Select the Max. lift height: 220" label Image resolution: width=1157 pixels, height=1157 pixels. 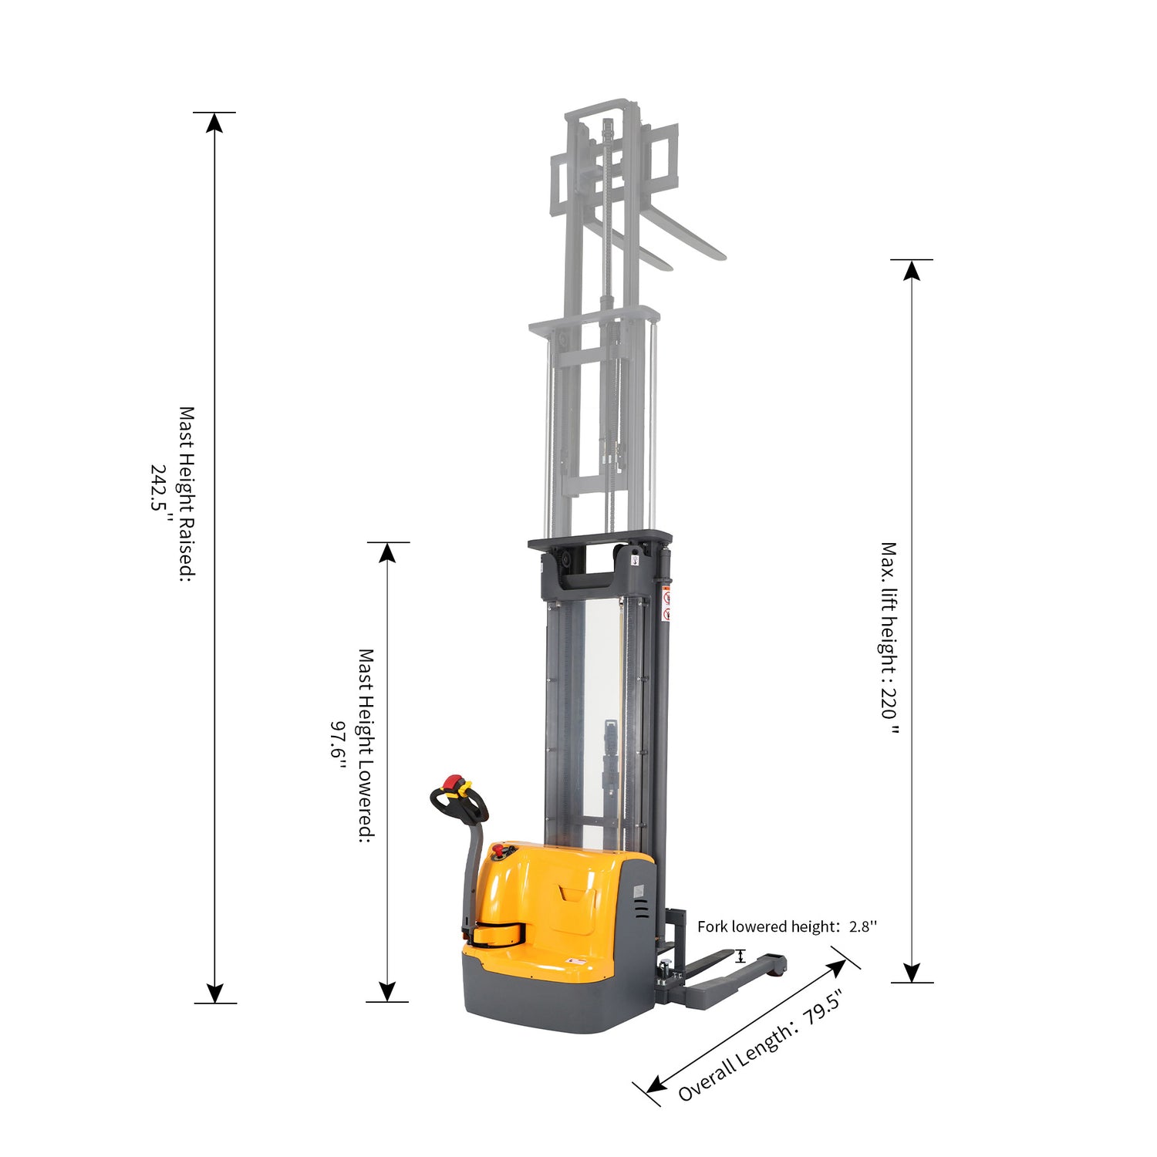pyautogui.click(x=890, y=638)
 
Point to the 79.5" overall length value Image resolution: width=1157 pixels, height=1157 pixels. pyautogui.click(x=821, y=1008)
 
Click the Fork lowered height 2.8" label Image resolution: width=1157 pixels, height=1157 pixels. pyautogui.click(x=788, y=926)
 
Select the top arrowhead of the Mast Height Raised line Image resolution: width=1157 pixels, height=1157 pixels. pyautogui.click(x=214, y=123)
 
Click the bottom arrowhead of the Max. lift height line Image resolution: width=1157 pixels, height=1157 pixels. pyautogui.click(x=912, y=972)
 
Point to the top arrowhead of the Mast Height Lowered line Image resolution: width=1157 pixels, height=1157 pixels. pyautogui.click(x=387, y=552)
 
